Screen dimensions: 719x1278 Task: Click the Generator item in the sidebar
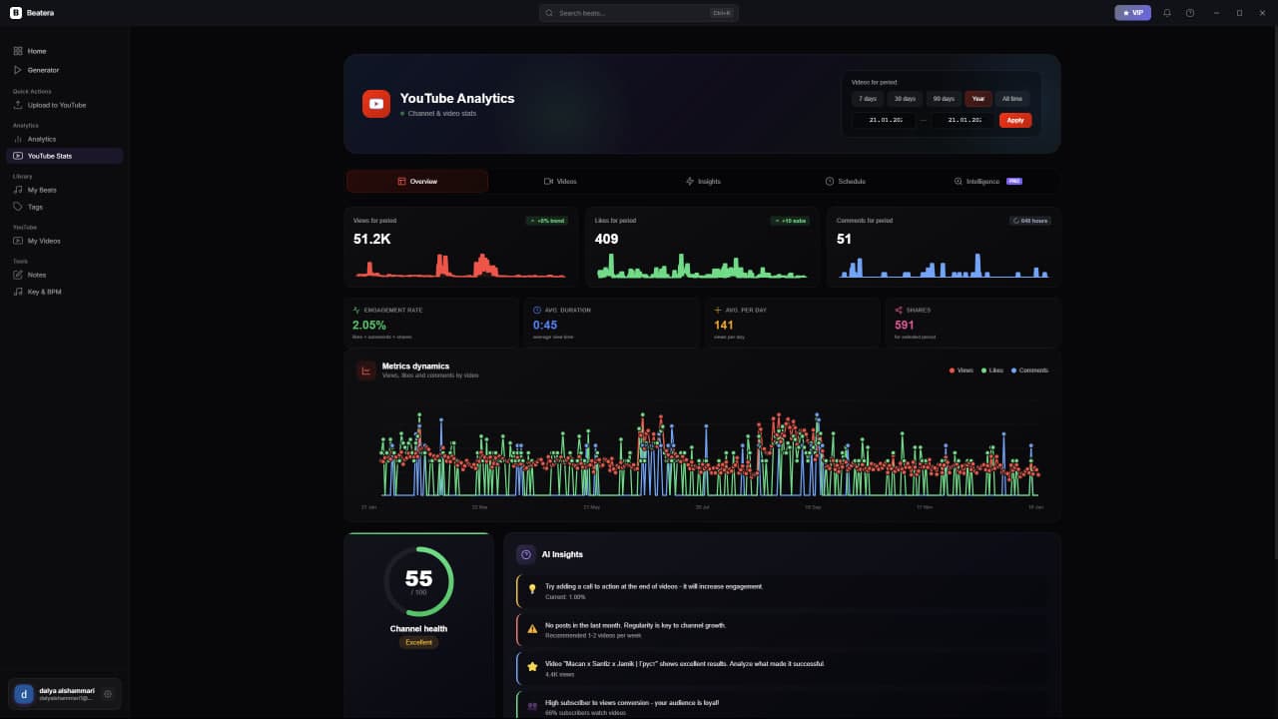pyautogui.click(x=43, y=70)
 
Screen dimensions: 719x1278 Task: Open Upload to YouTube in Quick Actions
pyautogui.click(x=56, y=105)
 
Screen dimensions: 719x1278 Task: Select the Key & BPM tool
pyautogui.click(x=44, y=292)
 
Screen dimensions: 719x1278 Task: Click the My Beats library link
pyautogui.click(x=42, y=190)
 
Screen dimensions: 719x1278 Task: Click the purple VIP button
pyautogui.click(x=1132, y=13)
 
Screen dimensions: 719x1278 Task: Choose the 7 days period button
pyautogui.click(x=868, y=99)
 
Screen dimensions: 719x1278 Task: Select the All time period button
pyautogui.click(x=1011, y=99)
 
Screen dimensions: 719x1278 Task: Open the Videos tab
pyautogui.click(x=560, y=181)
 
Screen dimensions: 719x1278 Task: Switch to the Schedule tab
pyautogui.click(x=845, y=181)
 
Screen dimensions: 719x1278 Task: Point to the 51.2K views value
pyautogui.click(x=371, y=239)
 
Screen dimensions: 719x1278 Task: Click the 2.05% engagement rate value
pyautogui.click(x=369, y=325)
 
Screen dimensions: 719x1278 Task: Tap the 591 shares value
pyautogui.click(x=905, y=325)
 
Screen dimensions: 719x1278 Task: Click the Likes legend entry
pyautogui.click(x=992, y=370)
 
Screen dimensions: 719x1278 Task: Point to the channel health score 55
pyautogui.click(x=418, y=578)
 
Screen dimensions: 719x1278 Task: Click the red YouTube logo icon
pyautogui.click(x=376, y=104)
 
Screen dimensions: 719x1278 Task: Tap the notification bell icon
pyautogui.click(x=1167, y=13)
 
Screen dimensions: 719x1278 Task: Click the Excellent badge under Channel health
pyautogui.click(x=418, y=642)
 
